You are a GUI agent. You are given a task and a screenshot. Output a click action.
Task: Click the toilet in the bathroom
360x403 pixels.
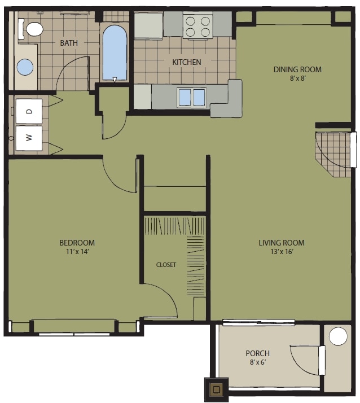[x=32, y=29]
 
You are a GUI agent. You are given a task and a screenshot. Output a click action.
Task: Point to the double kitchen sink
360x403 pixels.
[x=192, y=97]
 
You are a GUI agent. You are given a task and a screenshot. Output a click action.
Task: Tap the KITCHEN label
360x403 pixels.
[x=186, y=62]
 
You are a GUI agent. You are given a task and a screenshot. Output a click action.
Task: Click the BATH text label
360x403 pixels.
[x=69, y=43]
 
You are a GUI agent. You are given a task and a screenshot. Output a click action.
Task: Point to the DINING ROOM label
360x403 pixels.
[x=297, y=69]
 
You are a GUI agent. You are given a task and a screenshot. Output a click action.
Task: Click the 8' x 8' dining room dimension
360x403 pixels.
[x=297, y=78]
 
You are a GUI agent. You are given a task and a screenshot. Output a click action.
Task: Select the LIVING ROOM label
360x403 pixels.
[x=281, y=243]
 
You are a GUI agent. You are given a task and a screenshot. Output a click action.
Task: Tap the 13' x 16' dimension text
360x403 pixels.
[x=281, y=252]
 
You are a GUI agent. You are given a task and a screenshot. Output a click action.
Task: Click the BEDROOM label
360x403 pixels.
[x=77, y=243]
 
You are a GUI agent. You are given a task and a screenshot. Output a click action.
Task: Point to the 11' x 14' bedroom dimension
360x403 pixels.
[x=77, y=252]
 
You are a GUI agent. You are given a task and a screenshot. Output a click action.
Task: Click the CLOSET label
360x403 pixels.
[x=166, y=264]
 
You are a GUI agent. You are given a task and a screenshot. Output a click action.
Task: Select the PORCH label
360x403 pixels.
[x=257, y=353]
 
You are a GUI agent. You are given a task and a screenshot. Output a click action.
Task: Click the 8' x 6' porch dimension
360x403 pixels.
[x=257, y=362]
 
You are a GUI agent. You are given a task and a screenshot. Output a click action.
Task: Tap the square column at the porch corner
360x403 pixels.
[x=216, y=389]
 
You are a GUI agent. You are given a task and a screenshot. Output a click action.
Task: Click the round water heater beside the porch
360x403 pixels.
[x=338, y=337]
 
